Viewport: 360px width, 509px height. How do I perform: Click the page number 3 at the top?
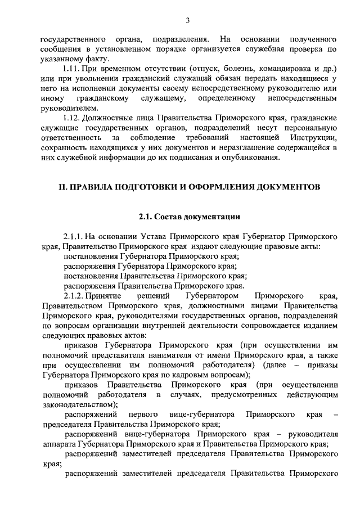pos(188,21)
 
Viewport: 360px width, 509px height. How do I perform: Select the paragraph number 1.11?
pos(74,69)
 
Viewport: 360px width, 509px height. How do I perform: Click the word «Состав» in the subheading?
pos(168,215)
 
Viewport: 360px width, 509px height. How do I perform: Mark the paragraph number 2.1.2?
pos(75,295)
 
